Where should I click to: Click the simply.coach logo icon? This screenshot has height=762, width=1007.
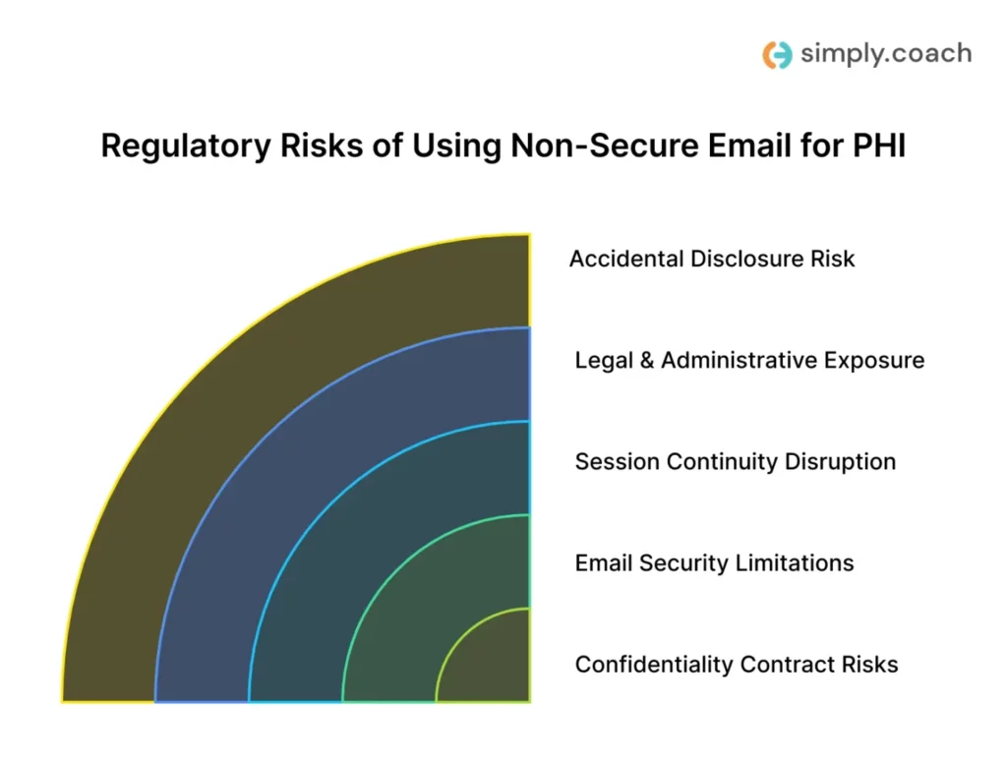tap(777, 54)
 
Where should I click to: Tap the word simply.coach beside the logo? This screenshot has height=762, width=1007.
tap(885, 53)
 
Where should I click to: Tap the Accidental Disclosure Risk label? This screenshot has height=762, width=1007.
tap(712, 259)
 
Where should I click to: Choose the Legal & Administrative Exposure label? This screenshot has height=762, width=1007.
tap(749, 360)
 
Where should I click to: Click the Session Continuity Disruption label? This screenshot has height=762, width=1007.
tap(736, 461)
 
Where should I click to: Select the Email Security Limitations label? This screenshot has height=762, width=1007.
tap(714, 563)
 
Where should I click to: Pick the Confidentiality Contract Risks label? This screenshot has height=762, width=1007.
tap(737, 665)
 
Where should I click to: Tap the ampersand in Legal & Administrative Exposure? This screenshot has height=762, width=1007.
tap(646, 361)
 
